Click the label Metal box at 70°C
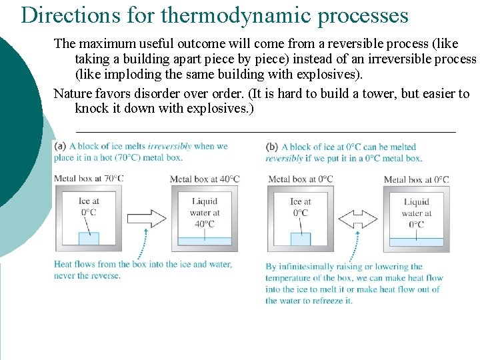pyautogui.click(x=89, y=178)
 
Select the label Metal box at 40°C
pyautogui.click(x=205, y=179)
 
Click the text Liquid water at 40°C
pyautogui.click(x=205, y=213)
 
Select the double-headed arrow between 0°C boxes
pyautogui.click(x=359, y=219)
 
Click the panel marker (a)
pyautogui.click(x=60, y=146)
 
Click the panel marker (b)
pyautogui.click(x=272, y=147)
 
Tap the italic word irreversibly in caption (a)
pyautogui.click(x=169, y=146)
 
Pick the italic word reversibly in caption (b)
pyautogui.click(x=284, y=158)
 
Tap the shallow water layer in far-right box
pyautogui.click(x=417, y=242)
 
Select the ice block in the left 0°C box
pyautogui.click(x=301, y=239)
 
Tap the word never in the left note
pyautogui.click(x=65, y=275)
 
